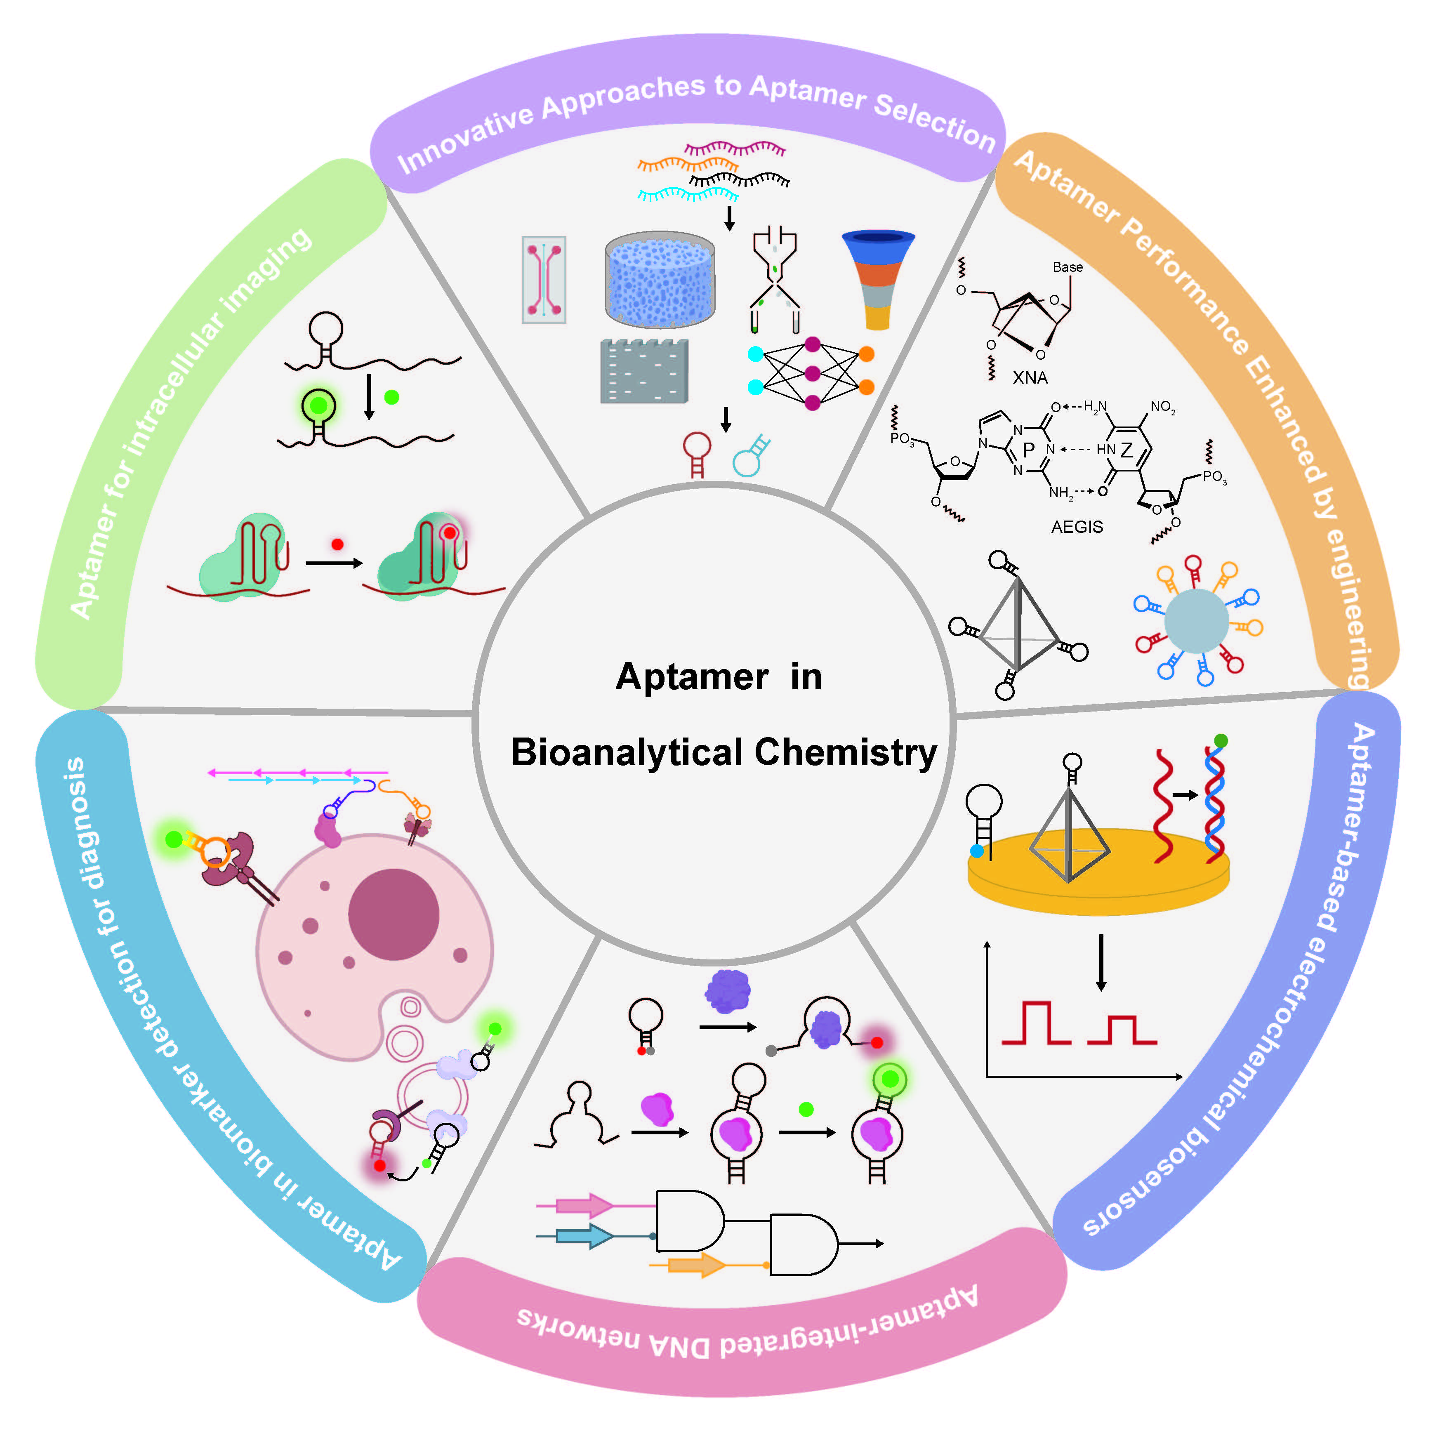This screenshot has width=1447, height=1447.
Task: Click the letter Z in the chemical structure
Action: (1126, 450)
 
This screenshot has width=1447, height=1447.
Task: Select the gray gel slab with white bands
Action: (644, 372)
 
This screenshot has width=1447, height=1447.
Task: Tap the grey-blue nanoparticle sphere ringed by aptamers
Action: (1196, 621)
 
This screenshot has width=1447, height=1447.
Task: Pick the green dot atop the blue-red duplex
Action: (1221, 741)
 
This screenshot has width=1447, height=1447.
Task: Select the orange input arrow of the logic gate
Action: (697, 1265)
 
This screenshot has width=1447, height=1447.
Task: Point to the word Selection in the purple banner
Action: (933, 120)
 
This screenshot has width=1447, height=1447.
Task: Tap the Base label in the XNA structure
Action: (1067, 267)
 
